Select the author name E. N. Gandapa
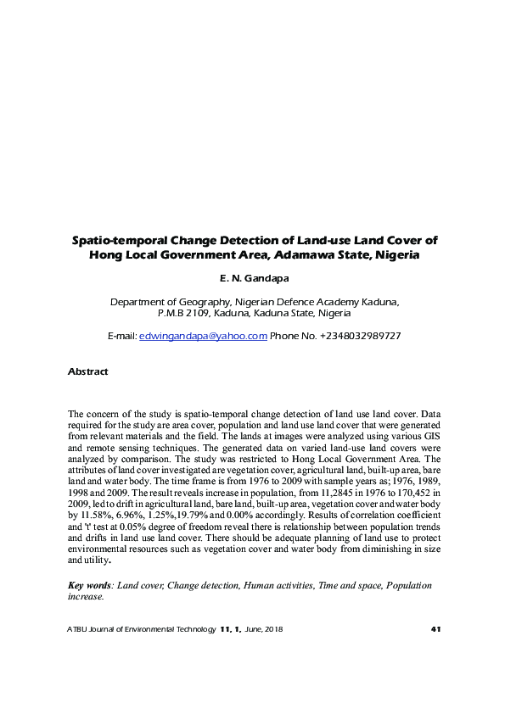click(x=252, y=276)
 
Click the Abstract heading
click(x=87, y=371)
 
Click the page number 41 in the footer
click(x=435, y=628)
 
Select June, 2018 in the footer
click(x=264, y=628)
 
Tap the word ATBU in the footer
click(x=77, y=628)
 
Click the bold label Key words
click(x=89, y=586)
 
